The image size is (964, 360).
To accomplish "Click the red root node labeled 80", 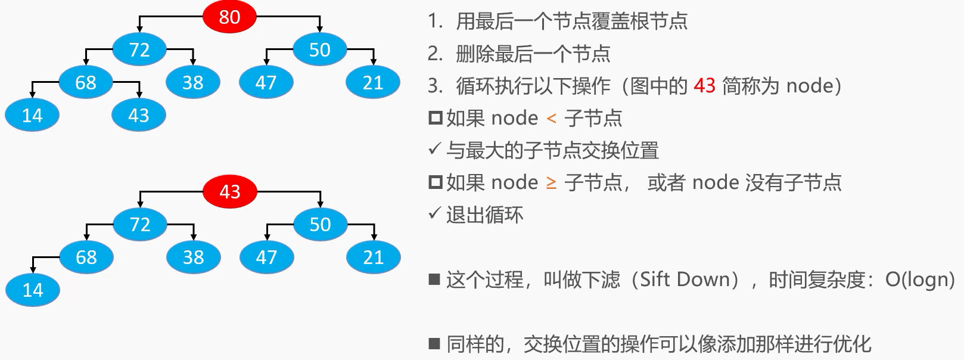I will tap(229, 17).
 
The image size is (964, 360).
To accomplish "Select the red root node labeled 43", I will tap(229, 191).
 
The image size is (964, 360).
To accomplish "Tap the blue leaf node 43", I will tap(139, 115).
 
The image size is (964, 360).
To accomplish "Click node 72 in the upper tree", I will tap(139, 49).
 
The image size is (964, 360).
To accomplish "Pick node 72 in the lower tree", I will tap(140, 224).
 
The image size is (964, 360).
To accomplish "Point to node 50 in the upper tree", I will tap(319, 49).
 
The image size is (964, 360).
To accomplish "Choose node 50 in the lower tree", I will tap(320, 224).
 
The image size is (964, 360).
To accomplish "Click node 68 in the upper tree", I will tap(86, 82).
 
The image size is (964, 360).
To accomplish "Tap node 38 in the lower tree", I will tap(193, 257).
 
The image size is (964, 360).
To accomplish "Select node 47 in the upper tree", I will tap(266, 82).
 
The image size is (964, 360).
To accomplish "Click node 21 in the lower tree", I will tap(374, 257).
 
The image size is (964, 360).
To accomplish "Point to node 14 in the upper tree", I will tap(32, 115).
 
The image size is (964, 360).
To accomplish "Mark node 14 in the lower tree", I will tap(33, 290).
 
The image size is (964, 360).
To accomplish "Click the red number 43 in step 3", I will tap(704, 86).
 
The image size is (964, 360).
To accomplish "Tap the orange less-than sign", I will tap(551, 119).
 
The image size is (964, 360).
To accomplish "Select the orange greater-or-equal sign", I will tap(551, 183).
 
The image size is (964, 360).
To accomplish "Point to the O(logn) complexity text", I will tap(920, 279).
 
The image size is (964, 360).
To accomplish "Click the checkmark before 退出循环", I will tap(434, 213).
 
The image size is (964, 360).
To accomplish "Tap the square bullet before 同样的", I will tap(434, 343).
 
